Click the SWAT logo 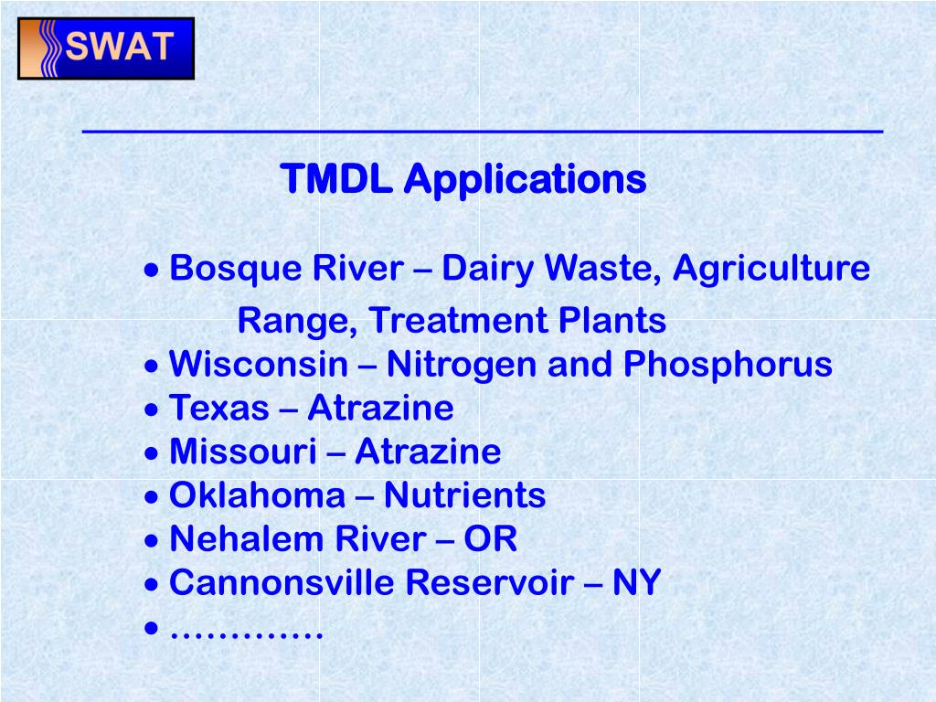106,48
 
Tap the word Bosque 222,269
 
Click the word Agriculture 771,269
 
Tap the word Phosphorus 728,365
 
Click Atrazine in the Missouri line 428,452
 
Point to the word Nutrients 464,495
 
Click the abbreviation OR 490,539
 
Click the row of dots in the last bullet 247,633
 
